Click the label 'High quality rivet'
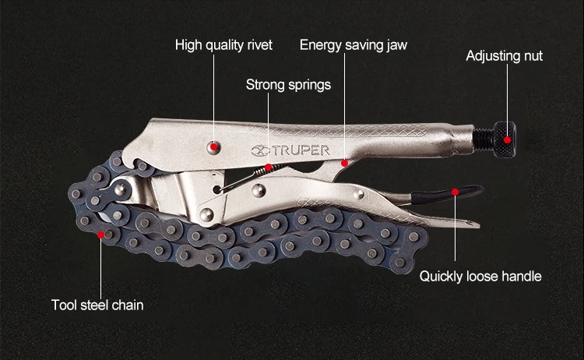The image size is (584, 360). pyautogui.click(x=223, y=44)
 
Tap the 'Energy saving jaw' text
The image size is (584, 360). pyautogui.click(x=353, y=44)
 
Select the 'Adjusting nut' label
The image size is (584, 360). pyautogui.click(x=504, y=56)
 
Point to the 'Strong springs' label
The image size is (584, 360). pyautogui.click(x=288, y=84)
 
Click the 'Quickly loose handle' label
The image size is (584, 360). pyautogui.click(x=480, y=276)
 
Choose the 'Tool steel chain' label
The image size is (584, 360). pyautogui.click(x=97, y=305)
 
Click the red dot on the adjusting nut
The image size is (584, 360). pyautogui.click(x=508, y=140)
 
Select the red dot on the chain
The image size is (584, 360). pyautogui.click(x=100, y=233)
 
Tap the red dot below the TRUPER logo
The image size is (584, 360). pyautogui.click(x=344, y=164)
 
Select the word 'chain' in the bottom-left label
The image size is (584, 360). pyautogui.click(x=127, y=305)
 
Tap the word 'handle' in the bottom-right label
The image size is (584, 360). pyautogui.click(x=521, y=276)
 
